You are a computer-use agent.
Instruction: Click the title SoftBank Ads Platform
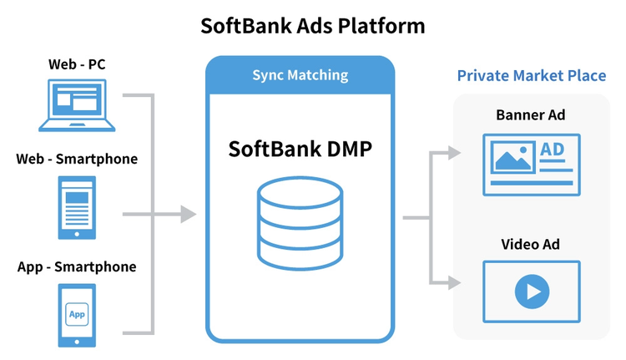[x=313, y=26]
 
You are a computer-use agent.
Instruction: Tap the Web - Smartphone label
[x=77, y=159]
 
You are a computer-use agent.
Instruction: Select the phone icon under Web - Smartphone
[x=77, y=206]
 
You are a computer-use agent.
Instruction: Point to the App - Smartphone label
[x=77, y=267]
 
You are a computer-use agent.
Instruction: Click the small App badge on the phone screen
[x=77, y=314]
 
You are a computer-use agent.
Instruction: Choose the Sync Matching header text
[x=300, y=75]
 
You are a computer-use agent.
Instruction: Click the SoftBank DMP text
[x=300, y=150]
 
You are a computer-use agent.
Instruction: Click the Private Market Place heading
[x=532, y=76]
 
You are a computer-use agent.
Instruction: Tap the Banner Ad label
[x=531, y=114]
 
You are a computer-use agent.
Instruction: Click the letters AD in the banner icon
[x=553, y=150]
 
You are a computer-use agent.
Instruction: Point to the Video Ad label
[x=531, y=245]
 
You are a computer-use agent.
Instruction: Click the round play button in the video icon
[x=532, y=291]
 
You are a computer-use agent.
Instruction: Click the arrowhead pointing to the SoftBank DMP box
[x=189, y=215]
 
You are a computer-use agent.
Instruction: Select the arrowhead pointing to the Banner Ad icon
[x=454, y=153]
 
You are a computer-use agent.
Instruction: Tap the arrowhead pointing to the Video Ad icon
[x=454, y=281]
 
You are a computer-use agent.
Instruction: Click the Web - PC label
[x=77, y=63]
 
